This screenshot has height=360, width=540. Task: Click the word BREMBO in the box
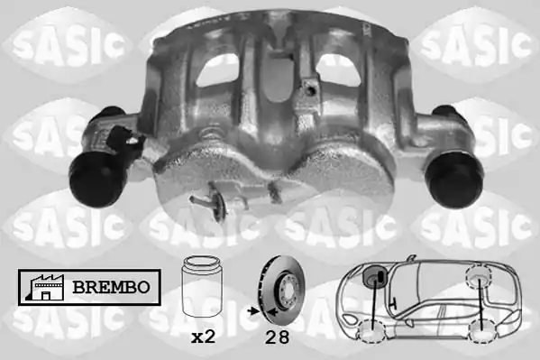[111, 287]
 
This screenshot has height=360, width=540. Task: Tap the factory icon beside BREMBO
[44, 287]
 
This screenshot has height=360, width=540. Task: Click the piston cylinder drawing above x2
[201, 286]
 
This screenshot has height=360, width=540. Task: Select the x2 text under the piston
[203, 337]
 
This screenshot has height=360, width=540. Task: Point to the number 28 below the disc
[278, 337]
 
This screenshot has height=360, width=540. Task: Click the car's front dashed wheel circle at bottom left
[372, 331]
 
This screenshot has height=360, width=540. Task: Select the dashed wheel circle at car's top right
[478, 275]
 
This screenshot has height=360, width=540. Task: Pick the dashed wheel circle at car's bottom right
[482, 331]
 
